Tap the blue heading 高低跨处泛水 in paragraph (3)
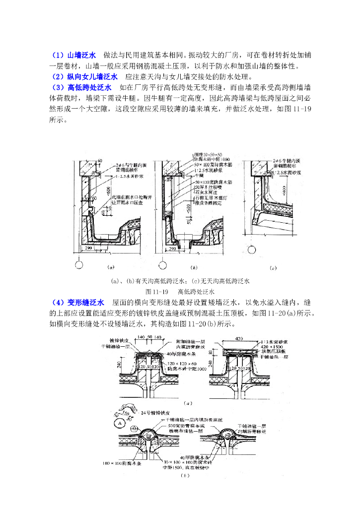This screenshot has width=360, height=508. click(85, 87)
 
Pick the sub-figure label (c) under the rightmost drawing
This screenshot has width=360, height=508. click(273, 268)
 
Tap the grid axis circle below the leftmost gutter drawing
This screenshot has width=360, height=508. click(78, 264)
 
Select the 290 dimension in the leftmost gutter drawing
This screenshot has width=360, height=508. click(87, 246)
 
